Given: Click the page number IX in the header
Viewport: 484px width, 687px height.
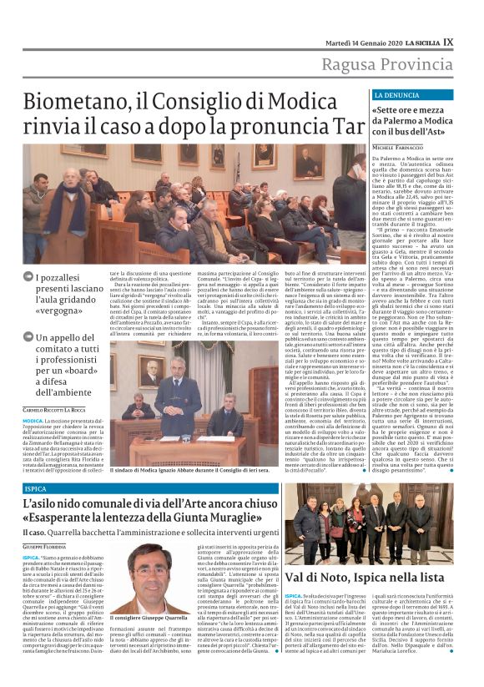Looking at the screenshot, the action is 471,41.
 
